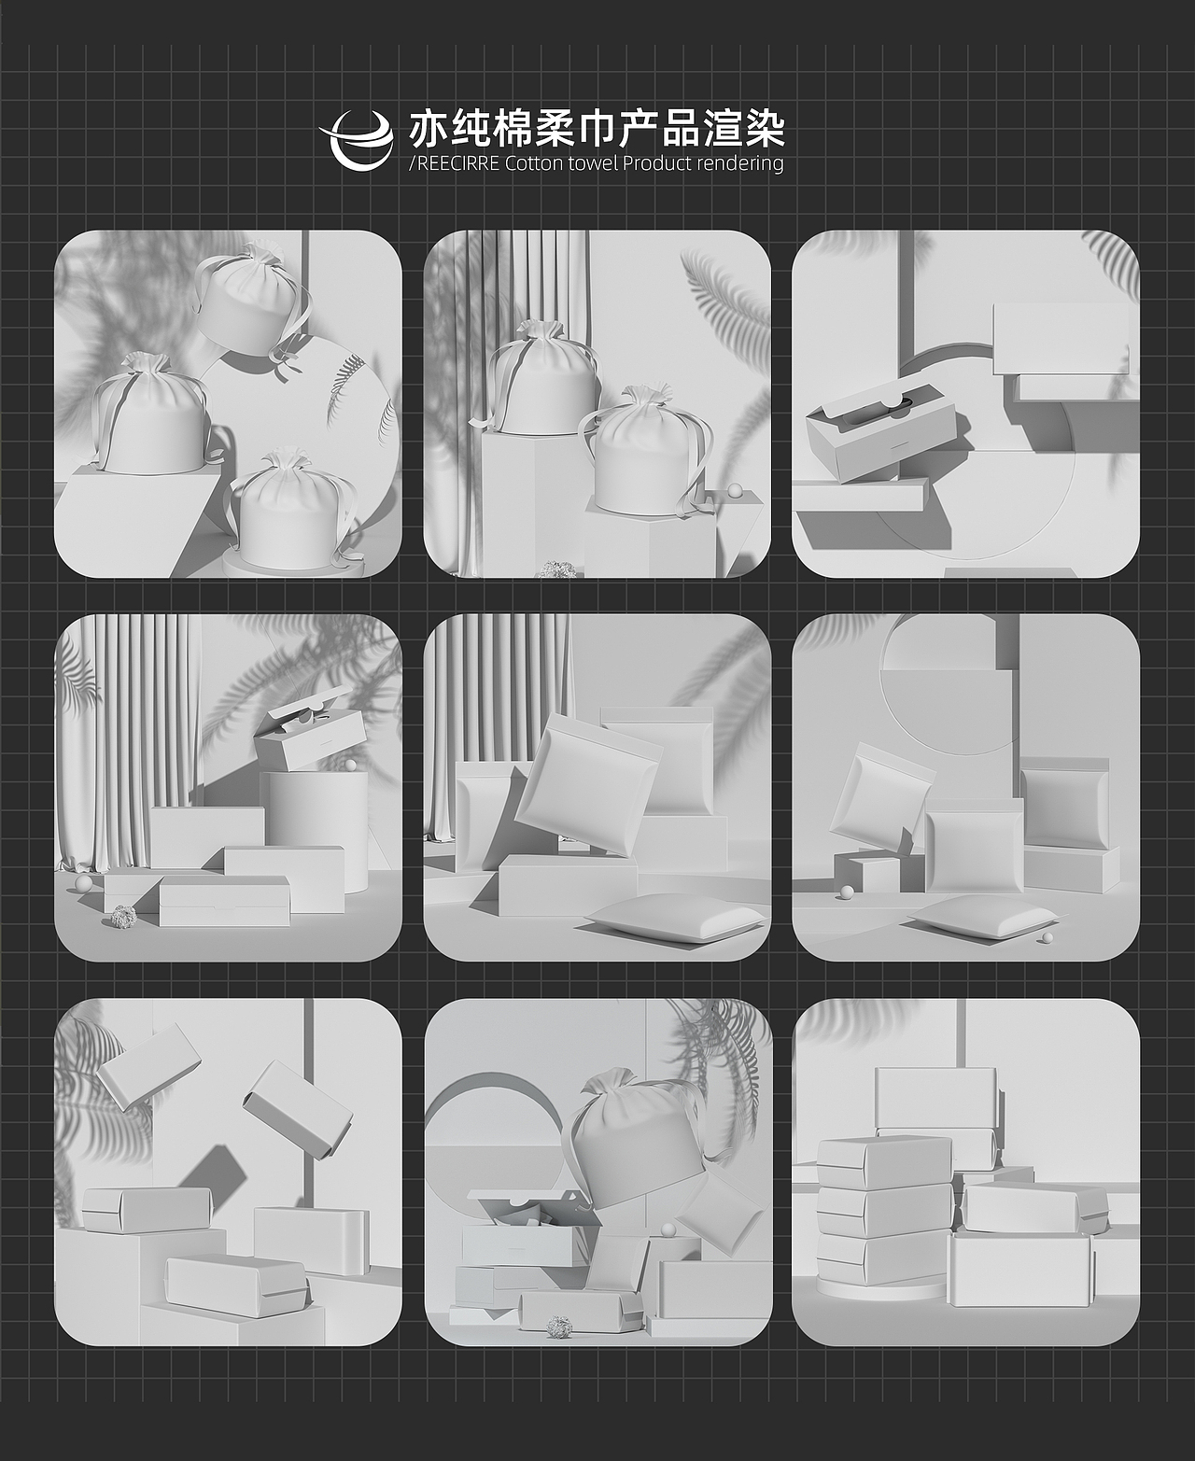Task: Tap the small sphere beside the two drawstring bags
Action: pyautogui.click(x=736, y=488)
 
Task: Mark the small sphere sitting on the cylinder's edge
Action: pyautogui.click(x=350, y=766)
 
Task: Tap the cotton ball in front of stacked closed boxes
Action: pyautogui.click(x=121, y=919)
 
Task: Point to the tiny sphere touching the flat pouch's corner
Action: pyautogui.click(x=1047, y=937)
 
